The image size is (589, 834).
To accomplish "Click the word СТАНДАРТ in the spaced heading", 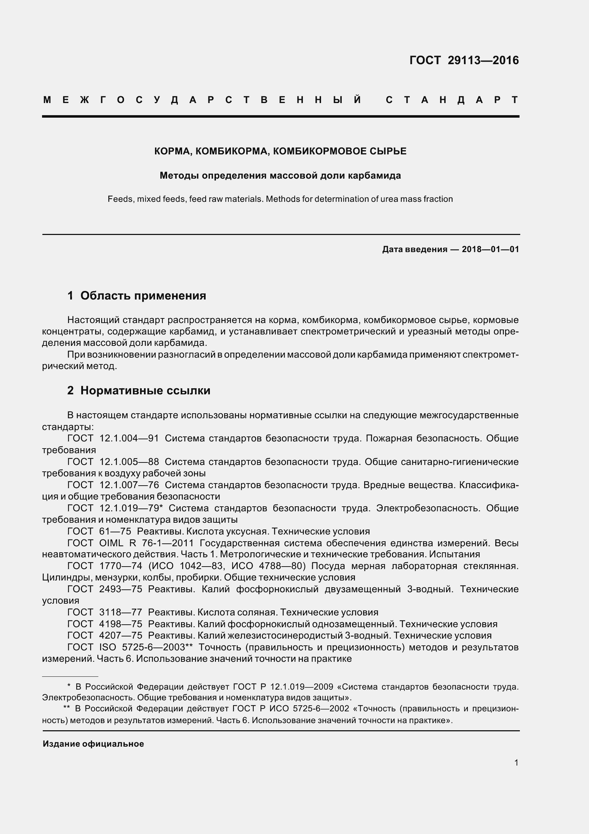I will click(x=452, y=100).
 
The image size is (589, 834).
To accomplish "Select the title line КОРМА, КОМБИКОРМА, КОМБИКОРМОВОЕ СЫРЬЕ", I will click(x=280, y=151).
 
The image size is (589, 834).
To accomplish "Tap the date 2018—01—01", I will click(x=490, y=249).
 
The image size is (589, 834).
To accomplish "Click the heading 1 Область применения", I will click(x=136, y=295).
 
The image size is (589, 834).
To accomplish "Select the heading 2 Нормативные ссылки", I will click(x=139, y=390).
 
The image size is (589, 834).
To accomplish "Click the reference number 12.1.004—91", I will click(x=129, y=439).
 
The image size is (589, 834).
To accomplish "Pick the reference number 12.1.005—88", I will click(x=129, y=462).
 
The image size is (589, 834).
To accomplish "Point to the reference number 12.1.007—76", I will click(x=129, y=485).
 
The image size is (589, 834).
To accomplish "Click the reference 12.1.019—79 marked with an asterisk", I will click(x=131, y=508).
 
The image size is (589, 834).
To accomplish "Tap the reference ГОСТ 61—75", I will click(x=99, y=531).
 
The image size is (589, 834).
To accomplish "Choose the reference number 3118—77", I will click(x=120, y=613).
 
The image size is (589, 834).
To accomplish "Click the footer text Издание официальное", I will click(x=93, y=743).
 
